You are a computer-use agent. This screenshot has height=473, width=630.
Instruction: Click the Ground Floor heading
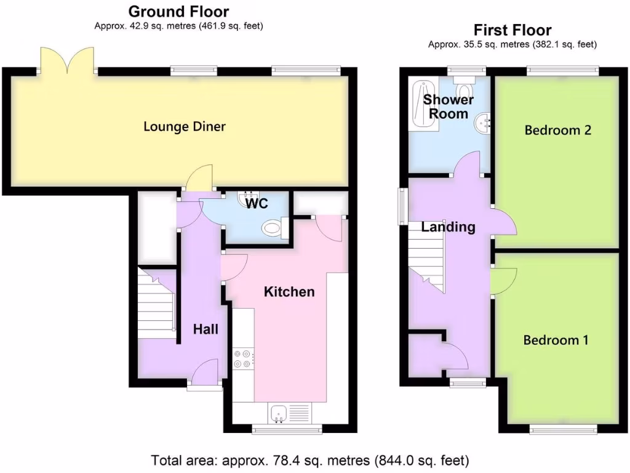178,12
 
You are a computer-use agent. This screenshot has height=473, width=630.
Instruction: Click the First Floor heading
512,30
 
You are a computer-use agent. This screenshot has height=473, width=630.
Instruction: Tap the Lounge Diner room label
185,127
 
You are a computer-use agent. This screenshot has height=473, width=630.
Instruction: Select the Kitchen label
289,291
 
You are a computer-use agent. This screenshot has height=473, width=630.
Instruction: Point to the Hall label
205,329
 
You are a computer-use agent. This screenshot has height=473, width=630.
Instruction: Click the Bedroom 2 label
557,130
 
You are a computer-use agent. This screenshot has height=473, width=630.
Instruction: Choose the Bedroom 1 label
556,340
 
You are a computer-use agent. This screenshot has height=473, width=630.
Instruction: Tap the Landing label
448,227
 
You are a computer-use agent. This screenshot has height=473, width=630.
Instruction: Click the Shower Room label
449,107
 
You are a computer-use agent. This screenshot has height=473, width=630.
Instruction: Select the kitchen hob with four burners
242,358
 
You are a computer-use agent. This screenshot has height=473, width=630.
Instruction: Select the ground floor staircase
156,302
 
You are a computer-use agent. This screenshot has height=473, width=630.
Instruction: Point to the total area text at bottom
311,460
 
